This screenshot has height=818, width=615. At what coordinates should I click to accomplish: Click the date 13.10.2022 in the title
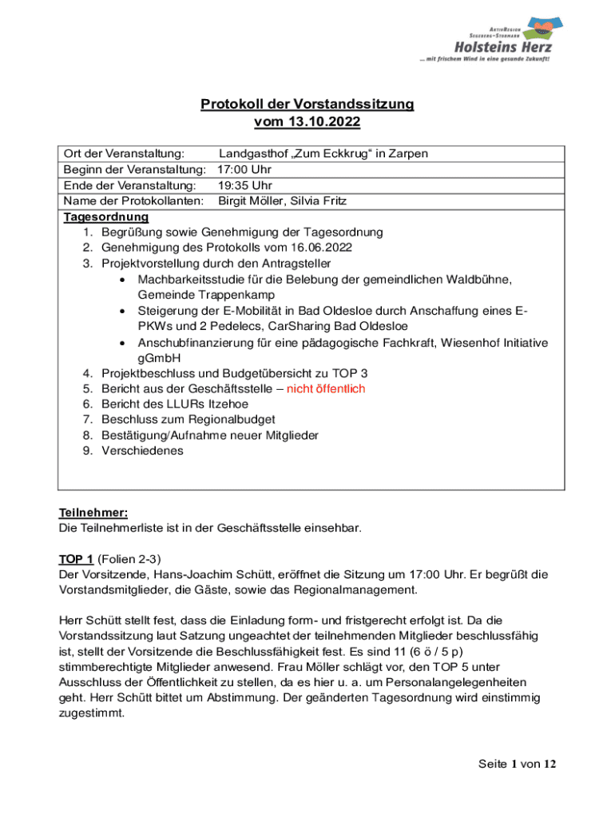tap(327, 122)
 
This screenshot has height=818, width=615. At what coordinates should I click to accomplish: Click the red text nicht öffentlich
tap(326, 388)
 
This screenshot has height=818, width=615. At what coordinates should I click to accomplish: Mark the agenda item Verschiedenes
tap(141, 451)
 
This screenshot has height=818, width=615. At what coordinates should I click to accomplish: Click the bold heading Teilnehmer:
tap(93, 513)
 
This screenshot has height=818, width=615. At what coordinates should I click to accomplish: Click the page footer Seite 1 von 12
tap(517, 764)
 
